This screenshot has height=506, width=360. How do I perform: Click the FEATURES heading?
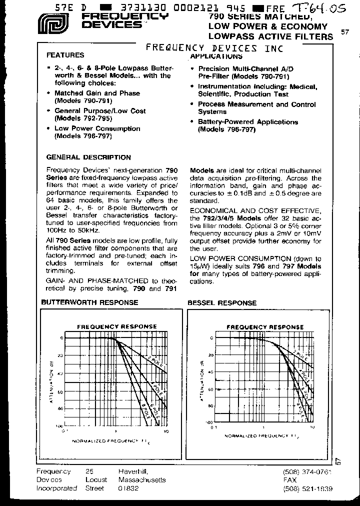tap(65, 55)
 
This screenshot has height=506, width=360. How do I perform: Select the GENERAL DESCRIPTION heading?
tap(88, 157)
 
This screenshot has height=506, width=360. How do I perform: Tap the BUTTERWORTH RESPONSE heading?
tap(89, 302)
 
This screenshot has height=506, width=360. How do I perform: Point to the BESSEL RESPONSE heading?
tap(222, 302)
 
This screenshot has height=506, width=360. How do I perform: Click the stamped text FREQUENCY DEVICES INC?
tap(214, 48)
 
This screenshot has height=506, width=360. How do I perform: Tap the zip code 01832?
tap(128, 488)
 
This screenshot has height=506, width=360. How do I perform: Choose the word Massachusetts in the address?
tap(142, 480)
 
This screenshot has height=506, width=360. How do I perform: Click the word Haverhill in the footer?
tap(133, 471)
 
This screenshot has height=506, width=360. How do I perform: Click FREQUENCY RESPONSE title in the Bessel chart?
tap(265, 327)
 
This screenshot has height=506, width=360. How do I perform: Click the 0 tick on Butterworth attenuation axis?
tap(62, 338)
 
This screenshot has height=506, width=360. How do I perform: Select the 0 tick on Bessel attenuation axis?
tap(211, 338)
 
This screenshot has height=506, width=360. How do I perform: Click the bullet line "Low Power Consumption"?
tap(97, 128)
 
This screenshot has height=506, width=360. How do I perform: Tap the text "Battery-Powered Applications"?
tap(248, 122)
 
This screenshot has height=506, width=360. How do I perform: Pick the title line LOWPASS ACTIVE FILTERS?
tap(270, 36)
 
